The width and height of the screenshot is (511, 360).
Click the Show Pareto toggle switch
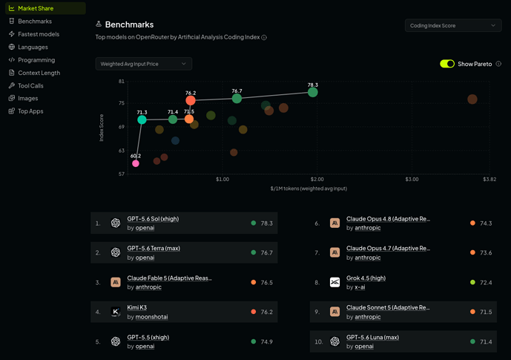click(x=447, y=64)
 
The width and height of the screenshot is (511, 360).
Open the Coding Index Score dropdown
click(x=453, y=25)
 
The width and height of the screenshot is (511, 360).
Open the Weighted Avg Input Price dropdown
click(x=143, y=64)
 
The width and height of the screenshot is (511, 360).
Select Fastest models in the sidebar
click(x=39, y=34)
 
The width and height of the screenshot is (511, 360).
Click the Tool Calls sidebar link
click(x=30, y=86)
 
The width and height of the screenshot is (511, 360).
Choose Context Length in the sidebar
click(x=39, y=73)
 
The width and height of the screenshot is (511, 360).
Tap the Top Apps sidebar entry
click(x=30, y=111)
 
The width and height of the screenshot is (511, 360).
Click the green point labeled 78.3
click(x=313, y=92)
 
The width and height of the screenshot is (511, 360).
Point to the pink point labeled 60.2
click(x=136, y=163)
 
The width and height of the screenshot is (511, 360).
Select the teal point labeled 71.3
click(x=142, y=120)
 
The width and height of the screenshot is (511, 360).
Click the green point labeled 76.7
click(x=237, y=99)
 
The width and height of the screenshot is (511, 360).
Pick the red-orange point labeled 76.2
click(x=191, y=100)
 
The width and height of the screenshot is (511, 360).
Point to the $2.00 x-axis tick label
click(x=317, y=180)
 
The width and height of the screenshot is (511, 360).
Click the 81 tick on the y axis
click(x=122, y=81)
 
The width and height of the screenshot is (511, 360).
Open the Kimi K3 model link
click(x=137, y=307)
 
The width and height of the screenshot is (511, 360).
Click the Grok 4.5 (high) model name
click(x=366, y=278)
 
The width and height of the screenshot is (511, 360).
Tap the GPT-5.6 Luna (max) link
click(x=372, y=337)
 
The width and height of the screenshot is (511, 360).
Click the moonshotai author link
click(x=151, y=317)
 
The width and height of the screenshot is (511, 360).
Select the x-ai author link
click(x=360, y=287)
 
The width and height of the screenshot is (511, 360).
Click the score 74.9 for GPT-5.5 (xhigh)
click(x=266, y=341)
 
